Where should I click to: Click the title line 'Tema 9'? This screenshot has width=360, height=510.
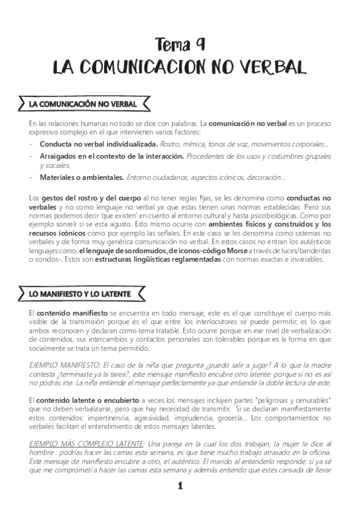180,44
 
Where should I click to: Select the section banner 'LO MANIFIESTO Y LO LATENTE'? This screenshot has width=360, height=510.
83,293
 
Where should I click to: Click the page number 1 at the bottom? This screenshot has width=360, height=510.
180,486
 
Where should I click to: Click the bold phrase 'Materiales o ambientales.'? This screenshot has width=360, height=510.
82,177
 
